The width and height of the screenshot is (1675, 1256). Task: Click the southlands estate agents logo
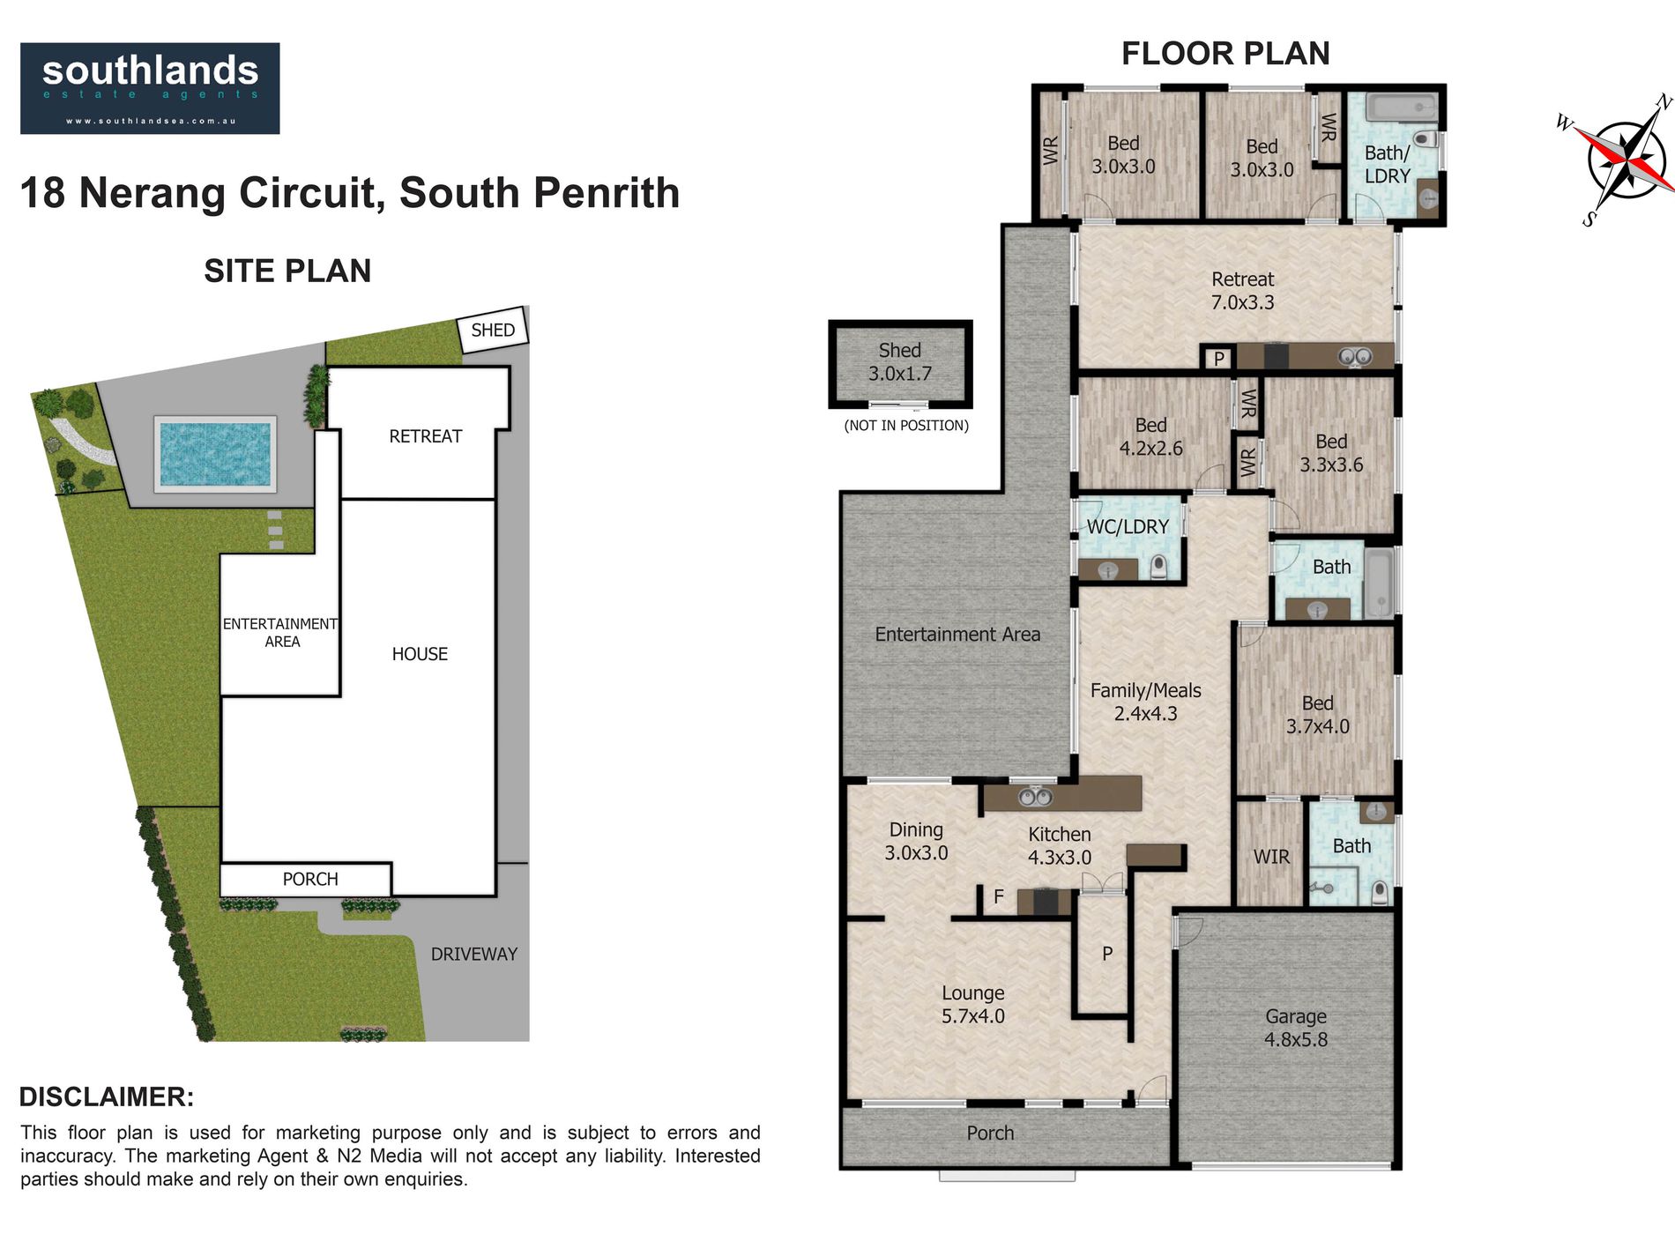click(x=150, y=88)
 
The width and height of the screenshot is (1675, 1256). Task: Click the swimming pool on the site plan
click(x=215, y=453)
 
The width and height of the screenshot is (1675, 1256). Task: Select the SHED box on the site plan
click(x=492, y=331)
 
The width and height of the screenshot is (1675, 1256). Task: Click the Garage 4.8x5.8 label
click(x=1295, y=1028)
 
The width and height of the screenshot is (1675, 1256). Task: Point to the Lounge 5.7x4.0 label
click(x=972, y=1004)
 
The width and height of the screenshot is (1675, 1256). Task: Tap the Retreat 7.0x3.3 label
click(x=1242, y=291)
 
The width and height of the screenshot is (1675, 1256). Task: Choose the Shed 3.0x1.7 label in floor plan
click(x=899, y=361)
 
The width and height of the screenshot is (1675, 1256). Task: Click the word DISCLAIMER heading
click(x=107, y=1096)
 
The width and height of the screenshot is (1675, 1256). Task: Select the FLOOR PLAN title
click(x=1225, y=54)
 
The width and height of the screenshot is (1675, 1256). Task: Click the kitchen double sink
click(x=1035, y=798)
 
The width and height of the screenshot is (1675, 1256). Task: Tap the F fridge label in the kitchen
click(x=999, y=896)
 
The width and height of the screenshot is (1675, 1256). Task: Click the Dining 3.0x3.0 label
click(x=916, y=841)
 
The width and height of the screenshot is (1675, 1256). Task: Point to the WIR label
click(x=1271, y=857)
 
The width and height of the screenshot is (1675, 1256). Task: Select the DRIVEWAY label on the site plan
click(x=473, y=954)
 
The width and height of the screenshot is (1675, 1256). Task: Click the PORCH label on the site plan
click(x=310, y=879)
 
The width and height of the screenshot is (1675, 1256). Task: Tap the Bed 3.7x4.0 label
click(x=1317, y=715)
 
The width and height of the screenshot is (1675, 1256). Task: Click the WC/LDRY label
click(x=1128, y=527)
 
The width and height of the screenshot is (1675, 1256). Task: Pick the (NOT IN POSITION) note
click(x=906, y=426)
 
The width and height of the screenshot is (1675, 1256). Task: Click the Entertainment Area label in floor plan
click(x=957, y=634)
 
